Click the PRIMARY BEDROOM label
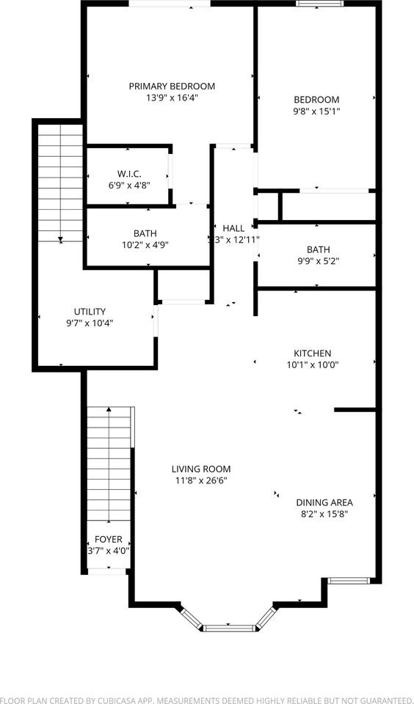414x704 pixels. tap(172, 86)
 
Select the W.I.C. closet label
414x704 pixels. tap(129, 174)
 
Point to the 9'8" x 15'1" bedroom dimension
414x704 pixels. tap(316, 111)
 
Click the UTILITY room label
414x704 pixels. tap(90, 311)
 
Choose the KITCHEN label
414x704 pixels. tap(313, 353)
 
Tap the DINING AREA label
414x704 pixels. tap(324, 502)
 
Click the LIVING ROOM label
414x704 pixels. tap(201, 469)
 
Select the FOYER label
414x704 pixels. tap(108, 539)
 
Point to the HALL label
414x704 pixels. tap(233, 228)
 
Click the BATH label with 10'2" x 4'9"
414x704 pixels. tap(145, 233)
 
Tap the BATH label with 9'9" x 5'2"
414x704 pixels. tap(319, 249)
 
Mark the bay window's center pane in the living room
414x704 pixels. tap(228, 627)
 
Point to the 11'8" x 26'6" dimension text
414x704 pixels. tap(201, 481)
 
